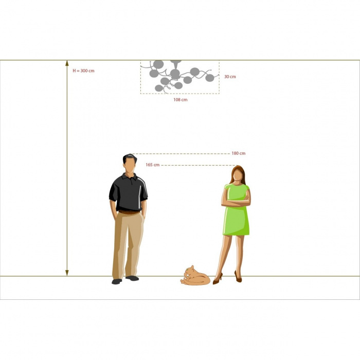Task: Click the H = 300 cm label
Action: tap(83, 71)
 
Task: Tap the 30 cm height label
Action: tap(230, 77)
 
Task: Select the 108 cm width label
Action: tap(180, 100)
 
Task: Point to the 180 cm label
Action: tap(238, 153)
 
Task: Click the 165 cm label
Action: tap(152, 165)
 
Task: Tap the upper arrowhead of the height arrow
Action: tap(67, 63)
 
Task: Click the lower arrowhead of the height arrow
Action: tap(67, 273)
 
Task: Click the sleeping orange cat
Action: tap(195, 277)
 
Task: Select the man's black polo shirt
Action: tap(129, 192)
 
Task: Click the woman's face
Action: tap(238, 175)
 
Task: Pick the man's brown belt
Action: tap(129, 212)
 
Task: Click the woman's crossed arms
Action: tap(236, 202)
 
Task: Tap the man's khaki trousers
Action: tap(128, 244)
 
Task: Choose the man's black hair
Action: tap(129, 157)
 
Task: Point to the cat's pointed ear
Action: tap(192, 266)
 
